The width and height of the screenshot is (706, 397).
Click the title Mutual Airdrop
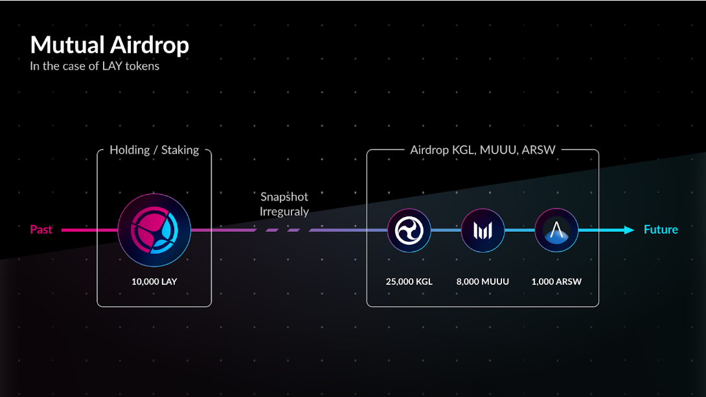pos(109,45)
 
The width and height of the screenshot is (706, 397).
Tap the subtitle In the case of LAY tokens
pos(95,66)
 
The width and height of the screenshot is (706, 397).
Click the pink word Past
pos(41,229)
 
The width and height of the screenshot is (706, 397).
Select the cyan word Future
pos(661,229)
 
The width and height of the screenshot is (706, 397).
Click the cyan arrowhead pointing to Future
pos(629,230)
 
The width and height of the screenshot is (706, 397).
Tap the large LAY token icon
pos(154,230)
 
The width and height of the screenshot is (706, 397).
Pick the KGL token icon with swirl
pos(409,230)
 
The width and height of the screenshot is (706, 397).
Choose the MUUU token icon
pos(483,230)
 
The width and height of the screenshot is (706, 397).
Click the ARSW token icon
pos(556,230)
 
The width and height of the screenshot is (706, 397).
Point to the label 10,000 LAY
pos(154,282)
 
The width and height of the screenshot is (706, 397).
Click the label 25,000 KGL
pos(409,282)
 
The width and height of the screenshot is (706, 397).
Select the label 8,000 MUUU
pos(483,282)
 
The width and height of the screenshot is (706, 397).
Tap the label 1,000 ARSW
pos(556,282)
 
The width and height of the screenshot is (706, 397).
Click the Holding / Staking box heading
pos(154,150)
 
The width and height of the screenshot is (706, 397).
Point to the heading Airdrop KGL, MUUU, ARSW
pos(483,150)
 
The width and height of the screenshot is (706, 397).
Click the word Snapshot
pos(284,197)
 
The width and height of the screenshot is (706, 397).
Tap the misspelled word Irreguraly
pos(284,212)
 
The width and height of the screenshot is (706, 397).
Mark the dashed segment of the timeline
pos(283,230)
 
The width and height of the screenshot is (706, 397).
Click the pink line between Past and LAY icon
pos(89,230)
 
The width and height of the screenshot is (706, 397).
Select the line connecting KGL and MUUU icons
pos(446,230)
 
